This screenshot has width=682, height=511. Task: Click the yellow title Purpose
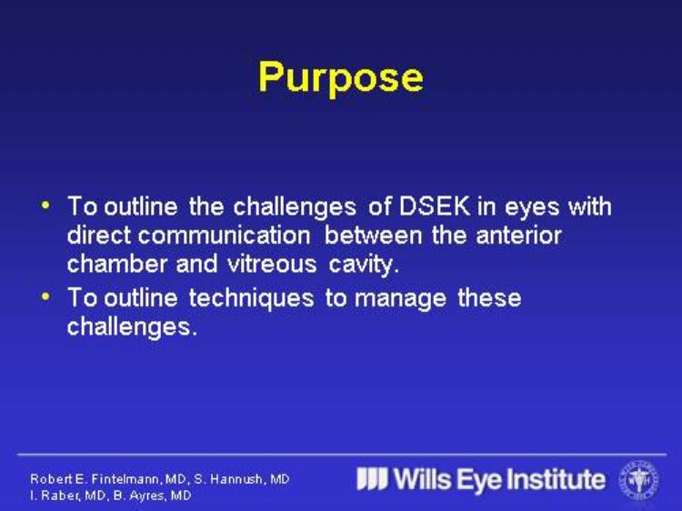click(341, 78)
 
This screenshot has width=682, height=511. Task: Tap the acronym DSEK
click(435, 206)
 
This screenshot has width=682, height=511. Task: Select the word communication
click(224, 235)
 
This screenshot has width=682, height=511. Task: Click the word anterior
click(518, 235)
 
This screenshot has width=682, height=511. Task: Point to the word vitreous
click(272, 264)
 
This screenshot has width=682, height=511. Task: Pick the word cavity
click(364, 265)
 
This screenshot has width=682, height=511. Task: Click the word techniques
click(251, 298)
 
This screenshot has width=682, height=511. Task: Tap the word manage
click(400, 299)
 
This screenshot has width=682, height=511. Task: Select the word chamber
click(117, 264)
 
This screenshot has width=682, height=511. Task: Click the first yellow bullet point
click(45, 205)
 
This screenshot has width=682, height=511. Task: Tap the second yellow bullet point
click(45, 296)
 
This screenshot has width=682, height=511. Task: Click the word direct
click(99, 235)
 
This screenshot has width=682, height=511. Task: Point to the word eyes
click(532, 207)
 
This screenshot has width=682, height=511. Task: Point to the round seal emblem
click(639, 480)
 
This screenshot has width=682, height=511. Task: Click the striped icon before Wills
click(372, 479)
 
